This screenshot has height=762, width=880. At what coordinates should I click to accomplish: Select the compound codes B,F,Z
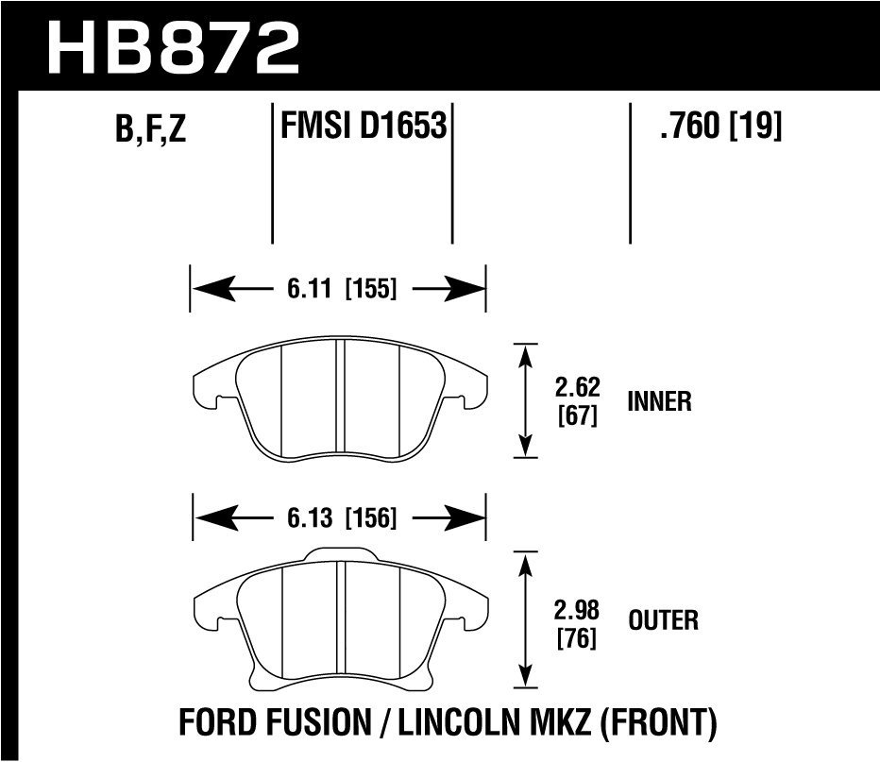click(151, 129)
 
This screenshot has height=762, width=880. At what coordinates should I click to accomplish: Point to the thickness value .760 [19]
click(722, 125)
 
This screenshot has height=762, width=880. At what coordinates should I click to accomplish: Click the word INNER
click(659, 401)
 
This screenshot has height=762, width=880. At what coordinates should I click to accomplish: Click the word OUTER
click(663, 620)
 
